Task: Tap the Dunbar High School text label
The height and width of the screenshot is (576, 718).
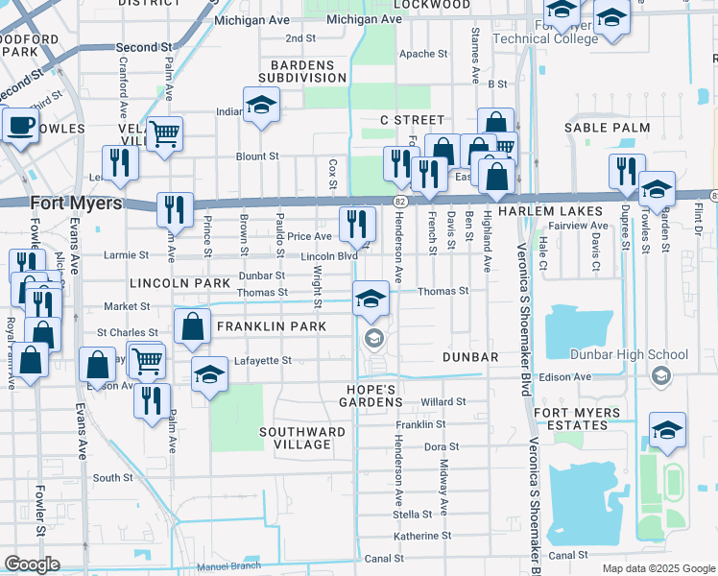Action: pyautogui.click(x=641, y=354)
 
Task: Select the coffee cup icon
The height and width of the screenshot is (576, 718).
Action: pyautogui.click(x=20, y=126)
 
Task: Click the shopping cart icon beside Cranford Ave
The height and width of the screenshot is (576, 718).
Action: pyautogui.click(x=164, y=134)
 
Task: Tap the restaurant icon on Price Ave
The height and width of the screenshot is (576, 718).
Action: pyautogui.click(x=356, y=224)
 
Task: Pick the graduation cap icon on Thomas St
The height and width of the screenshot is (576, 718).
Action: pyautogui.click(x=371, y=298)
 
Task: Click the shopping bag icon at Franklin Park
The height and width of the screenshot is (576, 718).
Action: pyautogui.click(x=193, y=327)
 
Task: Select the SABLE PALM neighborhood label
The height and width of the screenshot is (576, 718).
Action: pyautogui.click(x=607, y=128)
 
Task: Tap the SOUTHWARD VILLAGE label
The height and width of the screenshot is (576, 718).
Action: pyautogui.click(x=302, y=439)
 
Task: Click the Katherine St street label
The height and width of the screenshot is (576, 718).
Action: pyautogui.click(x=421, y=536)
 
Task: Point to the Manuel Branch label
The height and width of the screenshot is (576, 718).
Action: pyautogui.click(x=228, y=566)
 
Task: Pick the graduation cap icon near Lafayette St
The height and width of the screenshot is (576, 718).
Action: pyautogui.click(x=209, y=375)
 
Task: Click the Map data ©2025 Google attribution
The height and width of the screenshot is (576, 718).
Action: pyautogui.click(x=658, y=568)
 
